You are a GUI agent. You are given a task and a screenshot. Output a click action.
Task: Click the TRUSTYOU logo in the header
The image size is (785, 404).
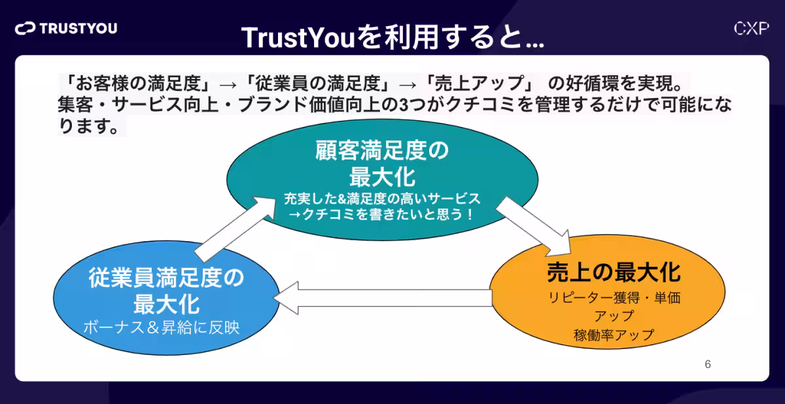click(66, 28)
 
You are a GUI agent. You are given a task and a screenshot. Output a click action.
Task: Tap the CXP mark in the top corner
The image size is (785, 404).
click(750, 28)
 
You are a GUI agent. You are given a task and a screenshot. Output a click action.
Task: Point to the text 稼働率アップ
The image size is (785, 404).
click(614, 335)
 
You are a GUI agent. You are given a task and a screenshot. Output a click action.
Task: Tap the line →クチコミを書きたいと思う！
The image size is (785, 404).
click(382, 214)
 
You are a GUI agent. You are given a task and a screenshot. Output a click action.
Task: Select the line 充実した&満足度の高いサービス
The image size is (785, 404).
click(382, 197)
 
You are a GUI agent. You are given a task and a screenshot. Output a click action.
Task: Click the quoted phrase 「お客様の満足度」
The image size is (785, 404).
click(135, 83)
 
